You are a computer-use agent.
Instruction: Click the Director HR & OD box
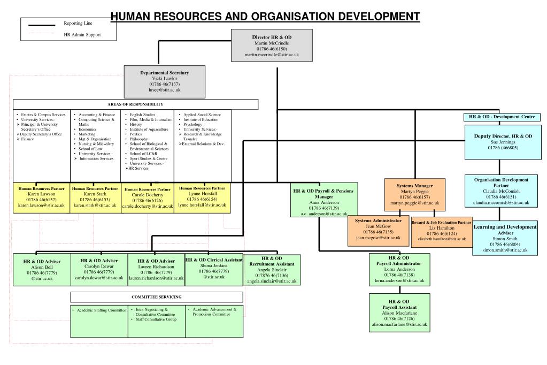(x=272, y=45)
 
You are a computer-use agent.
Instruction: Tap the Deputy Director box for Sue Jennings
(x=503, y=142)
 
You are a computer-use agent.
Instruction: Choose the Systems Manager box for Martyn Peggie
(x=414, y=194)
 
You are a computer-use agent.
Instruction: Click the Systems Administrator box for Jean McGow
(x=378, y=230)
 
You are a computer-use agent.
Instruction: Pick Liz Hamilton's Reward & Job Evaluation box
(x=442, y=231)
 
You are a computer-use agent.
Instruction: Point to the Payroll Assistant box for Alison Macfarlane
(x=399, y=313)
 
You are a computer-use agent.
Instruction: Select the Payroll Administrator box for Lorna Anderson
(x=399, y=269)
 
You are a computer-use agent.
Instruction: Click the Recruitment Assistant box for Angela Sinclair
(x=272, y=269)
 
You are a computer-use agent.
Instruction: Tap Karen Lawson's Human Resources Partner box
(x=42, y=197)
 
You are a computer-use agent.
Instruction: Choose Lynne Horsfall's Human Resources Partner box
(x=203, y=197)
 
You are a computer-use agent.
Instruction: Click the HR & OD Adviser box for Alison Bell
(x=42, y=269)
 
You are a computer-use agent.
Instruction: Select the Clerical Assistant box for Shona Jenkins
(x=214, y=268)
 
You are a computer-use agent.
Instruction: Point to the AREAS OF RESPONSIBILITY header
(x=135, y=104)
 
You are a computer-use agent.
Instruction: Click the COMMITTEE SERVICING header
(x=157, y=297)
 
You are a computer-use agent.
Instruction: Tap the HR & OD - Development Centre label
(x=502, y=117)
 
